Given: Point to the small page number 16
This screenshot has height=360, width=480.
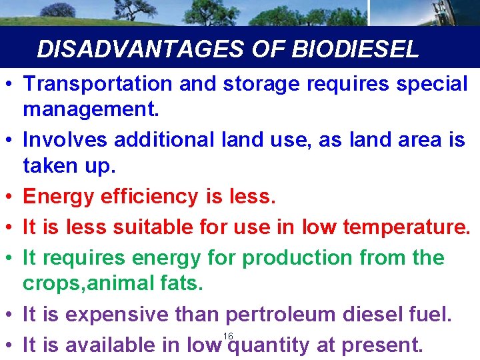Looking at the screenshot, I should click(x=228, y=335).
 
